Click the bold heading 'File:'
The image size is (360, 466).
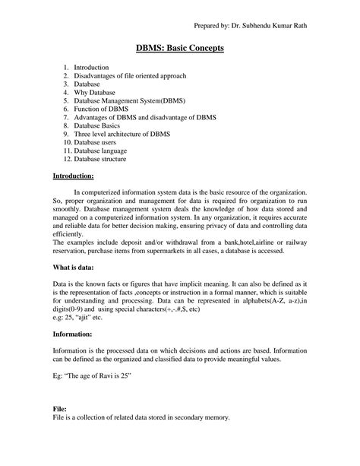coord(60,409)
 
